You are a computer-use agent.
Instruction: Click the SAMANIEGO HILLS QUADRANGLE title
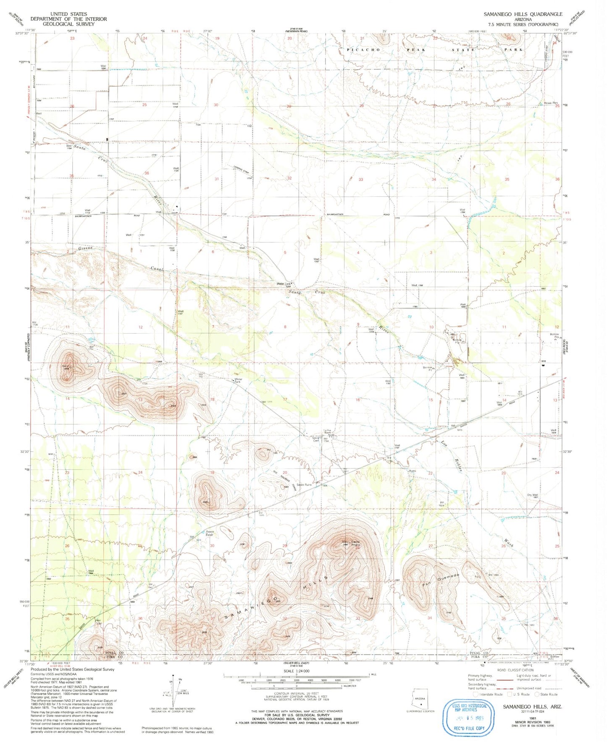point(523,14)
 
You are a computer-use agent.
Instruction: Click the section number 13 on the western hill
point(140,400)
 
